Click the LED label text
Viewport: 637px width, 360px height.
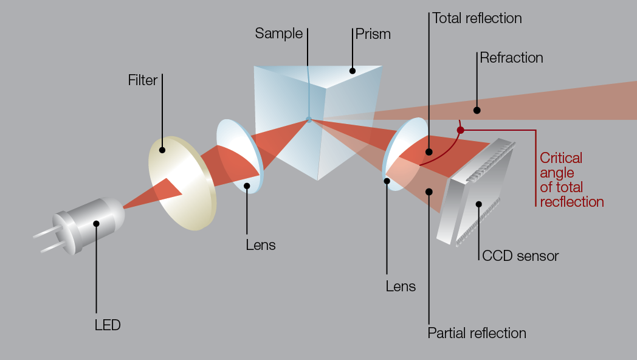tap(108, 325)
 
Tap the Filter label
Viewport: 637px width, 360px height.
tap(143, 80)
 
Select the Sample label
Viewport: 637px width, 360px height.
tap(278, 33)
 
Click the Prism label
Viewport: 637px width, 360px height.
tap(373, 34)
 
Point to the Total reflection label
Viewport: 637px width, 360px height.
tap(477, 18)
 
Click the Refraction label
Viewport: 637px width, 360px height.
tap(511, 58)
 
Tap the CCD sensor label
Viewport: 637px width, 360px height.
tap(520, 256)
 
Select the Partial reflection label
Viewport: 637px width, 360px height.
tap(477, 333)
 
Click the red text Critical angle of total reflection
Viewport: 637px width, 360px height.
tap(571, 180)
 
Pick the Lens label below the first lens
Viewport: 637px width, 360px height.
tap(261, 245)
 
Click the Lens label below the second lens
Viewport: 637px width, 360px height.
tap(401, 286)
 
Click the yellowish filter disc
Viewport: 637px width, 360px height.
tap(182, 182)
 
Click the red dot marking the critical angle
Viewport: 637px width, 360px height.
tap(460, 130)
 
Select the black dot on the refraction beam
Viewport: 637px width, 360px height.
tap(477, 111)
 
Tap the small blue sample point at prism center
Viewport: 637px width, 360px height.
tap(309, 120)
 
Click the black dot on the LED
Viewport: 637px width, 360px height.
tap(96, 224)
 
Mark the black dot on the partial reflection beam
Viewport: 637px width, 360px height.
tap(429, 192)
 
